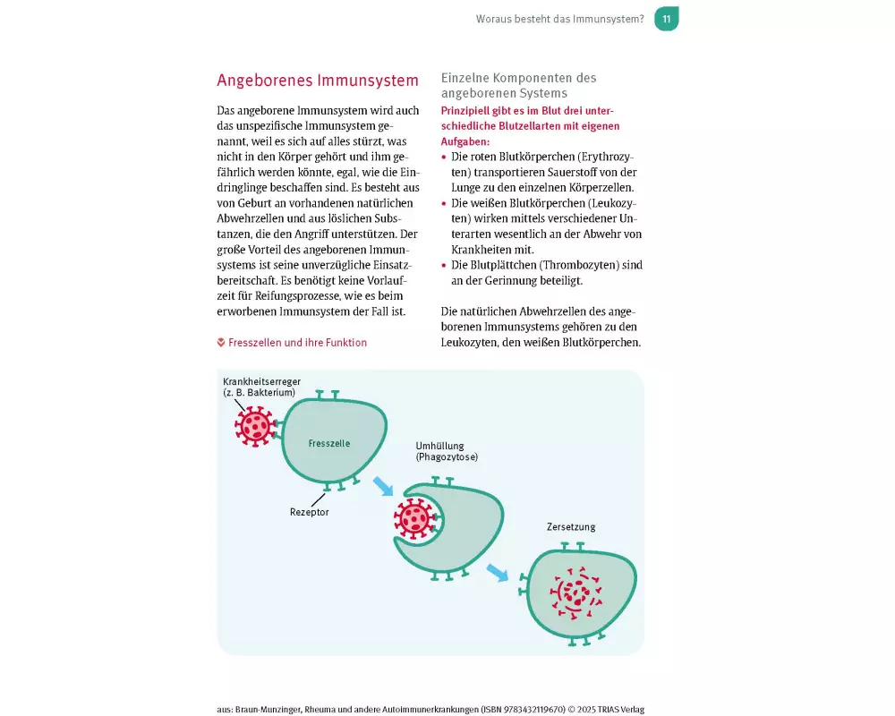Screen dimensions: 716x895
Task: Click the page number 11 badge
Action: coord(666,19)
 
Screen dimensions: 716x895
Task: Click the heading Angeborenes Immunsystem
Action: coord(318,81)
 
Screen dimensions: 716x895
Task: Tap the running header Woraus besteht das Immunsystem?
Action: coord(559,19)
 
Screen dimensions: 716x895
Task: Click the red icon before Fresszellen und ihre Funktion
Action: coord(221,343)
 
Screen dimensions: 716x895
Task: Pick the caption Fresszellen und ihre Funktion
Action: coord(297,343)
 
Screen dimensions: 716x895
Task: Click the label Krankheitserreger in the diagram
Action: coord(261,381)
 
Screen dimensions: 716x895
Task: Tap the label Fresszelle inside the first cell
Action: coord(328,443)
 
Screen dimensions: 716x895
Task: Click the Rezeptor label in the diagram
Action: coord(309,512)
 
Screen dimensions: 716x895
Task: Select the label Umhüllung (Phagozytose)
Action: coord(446,451)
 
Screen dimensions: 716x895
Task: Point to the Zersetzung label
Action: coord(571,527)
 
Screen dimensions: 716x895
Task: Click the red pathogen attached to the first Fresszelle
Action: coord(254,424)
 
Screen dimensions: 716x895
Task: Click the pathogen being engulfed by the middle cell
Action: coord(413,518)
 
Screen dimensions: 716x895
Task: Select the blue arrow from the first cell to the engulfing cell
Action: coord(383,486)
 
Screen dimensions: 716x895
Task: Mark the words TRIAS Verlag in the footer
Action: coord(620,709)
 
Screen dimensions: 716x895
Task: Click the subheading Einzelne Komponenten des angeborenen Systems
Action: coord(519,86)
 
